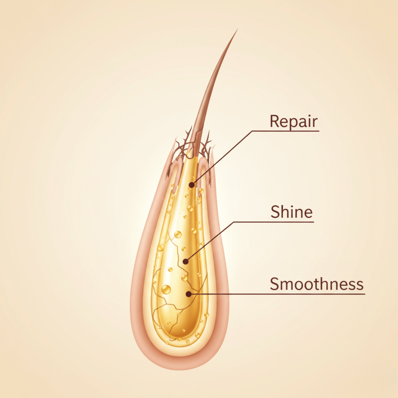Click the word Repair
[294, 121]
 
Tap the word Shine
[292, 212]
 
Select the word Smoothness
[316, 284]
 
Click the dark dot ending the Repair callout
[192, 184]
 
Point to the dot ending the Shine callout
[186, 262]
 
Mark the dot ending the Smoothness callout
[188, 294]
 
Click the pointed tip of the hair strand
[237, 30]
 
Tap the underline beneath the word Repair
[285, 131]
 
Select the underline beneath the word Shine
[274, 222]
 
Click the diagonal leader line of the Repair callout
[222, 157]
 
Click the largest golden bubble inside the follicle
[166, 290]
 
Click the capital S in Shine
[275, 212]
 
